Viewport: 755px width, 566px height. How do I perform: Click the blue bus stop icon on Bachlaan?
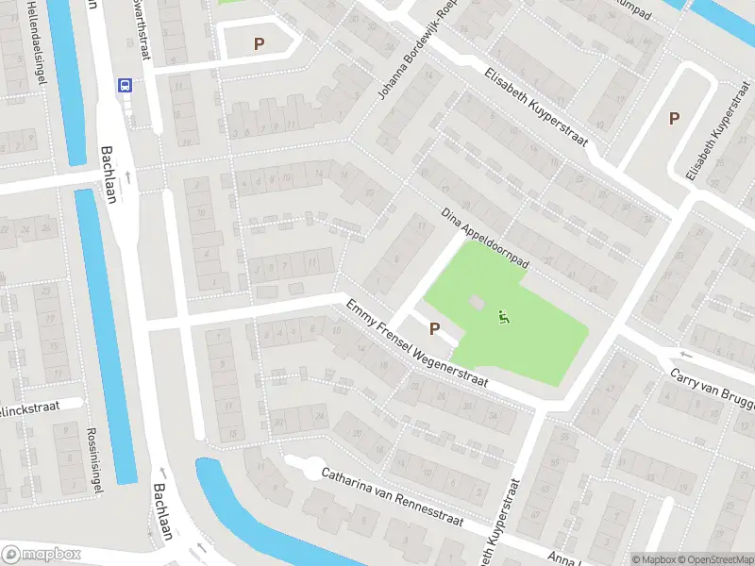pyautogui.click(x=124, y=84)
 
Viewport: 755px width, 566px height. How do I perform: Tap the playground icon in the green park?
pyautogui.click(x=504, y=318)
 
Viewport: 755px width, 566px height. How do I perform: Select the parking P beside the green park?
pyautogui.click(x=435, y=328)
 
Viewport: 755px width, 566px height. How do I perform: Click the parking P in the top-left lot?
pyautogui.click(x=259, y=43)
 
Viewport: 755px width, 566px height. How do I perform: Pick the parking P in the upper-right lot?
pyautogui.click(x=674, y=118)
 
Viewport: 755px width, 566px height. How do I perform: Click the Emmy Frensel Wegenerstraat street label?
pyautogui.click(x=415, y=343)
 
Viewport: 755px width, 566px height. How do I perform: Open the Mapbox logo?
pyautogui.click(x=42, y=555)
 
